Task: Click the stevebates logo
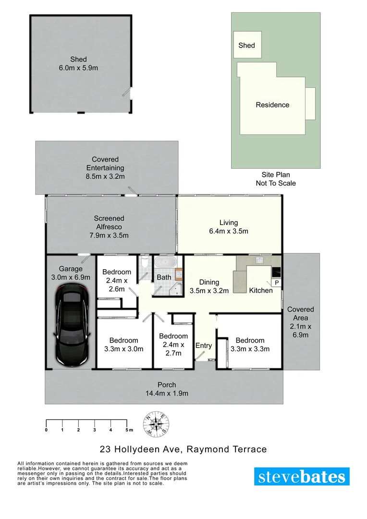click(x=302, y=477)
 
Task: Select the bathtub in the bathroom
click(x=165, y=263)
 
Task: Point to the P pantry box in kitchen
click(x=277, y=283)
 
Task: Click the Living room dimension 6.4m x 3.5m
click(x=229, y=231)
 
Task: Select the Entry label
click(x=204, y=346)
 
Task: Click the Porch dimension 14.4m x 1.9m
click(x=167, y=393)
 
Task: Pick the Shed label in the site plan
click(x=246, y=45)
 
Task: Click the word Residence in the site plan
click(x=272, y=105)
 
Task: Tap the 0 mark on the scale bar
click(x=46, y=430)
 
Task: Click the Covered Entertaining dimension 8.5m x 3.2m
click(x=105, y=176)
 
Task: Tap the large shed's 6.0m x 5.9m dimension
click(x=78, y=68)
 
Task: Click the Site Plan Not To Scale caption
click(x=275, y=179)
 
